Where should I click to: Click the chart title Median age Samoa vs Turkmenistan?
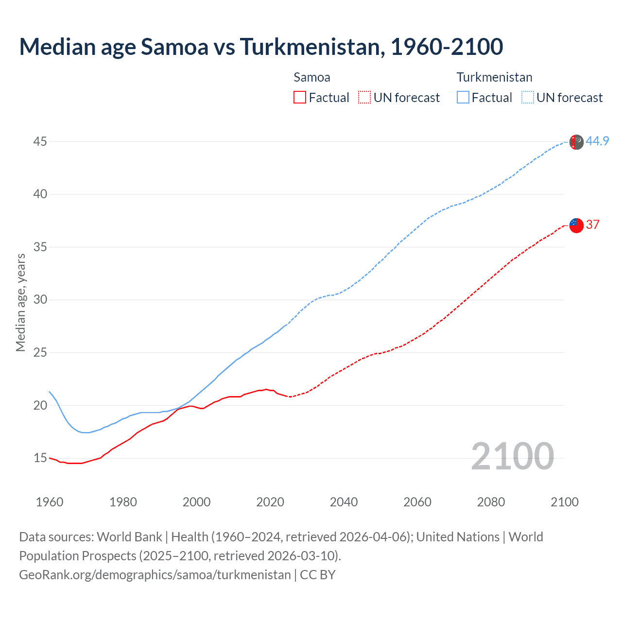click(x=261, y=47)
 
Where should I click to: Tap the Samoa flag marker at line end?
click(x=576, y=225)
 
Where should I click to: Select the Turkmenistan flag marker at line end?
click(x=576, y=142)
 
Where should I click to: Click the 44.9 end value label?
click(x=597, y=141)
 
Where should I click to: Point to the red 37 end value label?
click(x=592, y=225)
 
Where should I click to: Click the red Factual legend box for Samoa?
click(x=300, y=98)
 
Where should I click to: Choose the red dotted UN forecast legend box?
click(x=364, y=98)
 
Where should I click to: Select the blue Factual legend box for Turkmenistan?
click(x=463, y=98)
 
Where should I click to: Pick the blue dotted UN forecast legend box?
click(x=528, y=98)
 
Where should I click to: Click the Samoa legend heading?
click(x=312, y=77)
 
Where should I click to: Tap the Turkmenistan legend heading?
click(x=494, y=77)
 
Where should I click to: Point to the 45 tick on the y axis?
click(x=40, y=141)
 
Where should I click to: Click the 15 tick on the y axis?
click(x=40, y=458)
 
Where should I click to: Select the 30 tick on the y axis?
click(x=40, y=299)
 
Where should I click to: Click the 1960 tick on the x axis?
click(x=50, y=502)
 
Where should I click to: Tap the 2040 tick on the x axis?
click(x=344, y=502)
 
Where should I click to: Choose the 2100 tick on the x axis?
click(x=564, y=502)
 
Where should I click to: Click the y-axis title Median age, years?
click(x=20, y=302)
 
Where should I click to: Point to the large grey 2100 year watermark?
click(x=512, y=456)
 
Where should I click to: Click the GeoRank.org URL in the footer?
click(x=155, y=575)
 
